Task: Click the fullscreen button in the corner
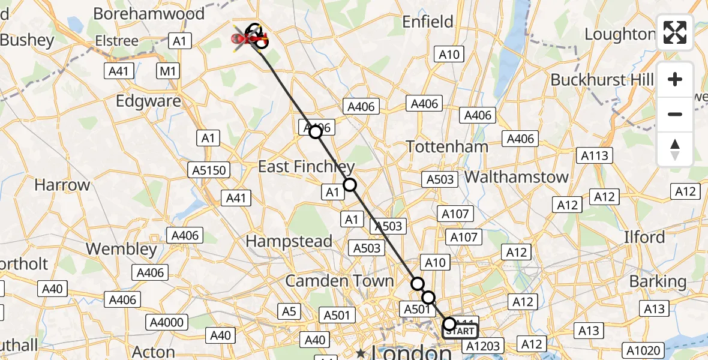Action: [675, 32]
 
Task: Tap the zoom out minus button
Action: [675, 114]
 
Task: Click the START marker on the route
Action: [461, 330]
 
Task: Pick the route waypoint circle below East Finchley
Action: [349, 185]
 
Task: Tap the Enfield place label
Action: [428, 22]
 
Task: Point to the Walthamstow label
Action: [516, 177]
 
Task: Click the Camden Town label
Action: [340, 281]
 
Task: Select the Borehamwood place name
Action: [149, 13]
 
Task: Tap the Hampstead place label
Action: [290, 241]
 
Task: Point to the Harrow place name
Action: [62, 185]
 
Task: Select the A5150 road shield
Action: [209, 170]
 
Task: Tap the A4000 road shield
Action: [167, 323]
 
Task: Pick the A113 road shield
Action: [594, 156]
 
